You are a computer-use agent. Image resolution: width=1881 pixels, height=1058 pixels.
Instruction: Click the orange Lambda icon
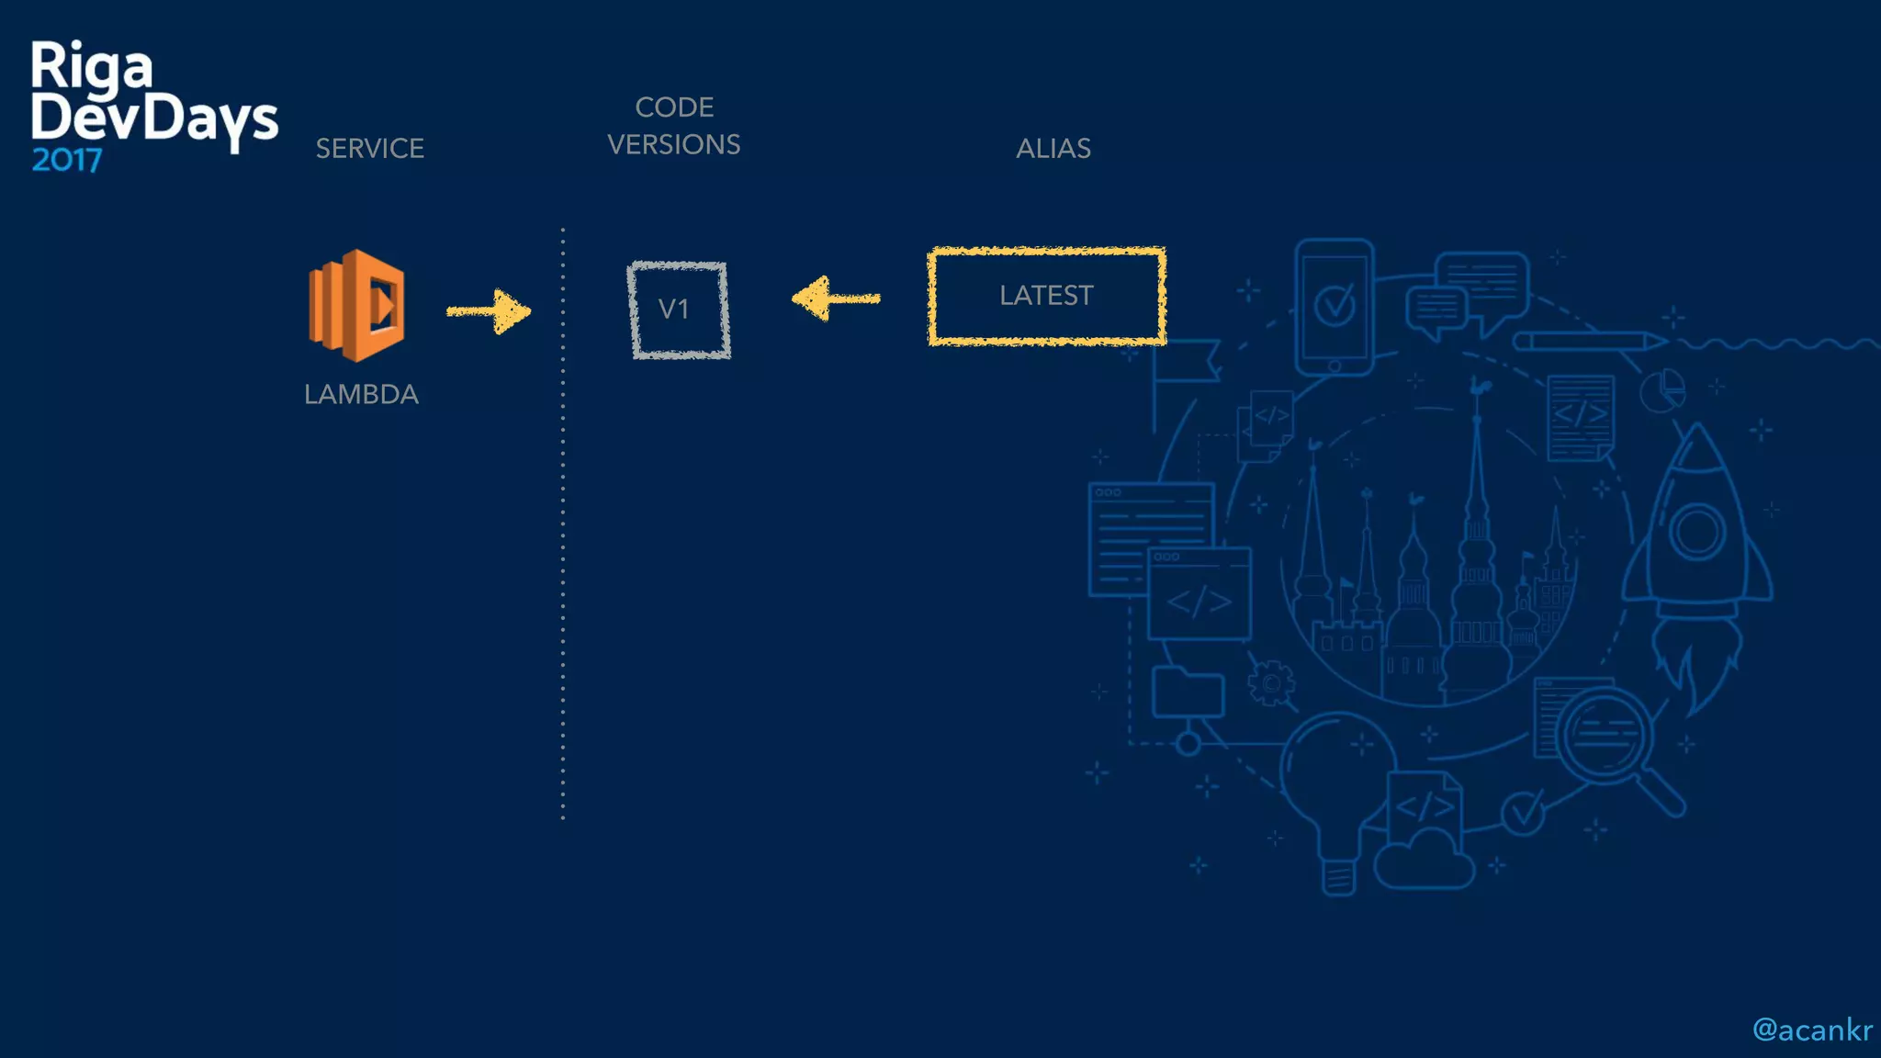[x=356, y=305]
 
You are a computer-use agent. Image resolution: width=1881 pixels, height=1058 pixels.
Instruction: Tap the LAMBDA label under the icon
[x=361, y=395]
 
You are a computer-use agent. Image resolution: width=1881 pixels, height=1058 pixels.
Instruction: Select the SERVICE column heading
[x=369, y=149]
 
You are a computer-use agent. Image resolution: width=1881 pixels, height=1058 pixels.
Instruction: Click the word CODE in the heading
[x=674, y=107]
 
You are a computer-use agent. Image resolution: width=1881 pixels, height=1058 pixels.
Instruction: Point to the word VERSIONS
[x=673, y=145]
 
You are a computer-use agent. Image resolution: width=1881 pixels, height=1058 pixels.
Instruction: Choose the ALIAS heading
[x=1053, y=149]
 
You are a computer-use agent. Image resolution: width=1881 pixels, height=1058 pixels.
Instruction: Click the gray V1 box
[x=679, y=310]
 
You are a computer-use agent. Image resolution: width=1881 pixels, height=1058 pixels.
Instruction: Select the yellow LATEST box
[x=1046, y=296]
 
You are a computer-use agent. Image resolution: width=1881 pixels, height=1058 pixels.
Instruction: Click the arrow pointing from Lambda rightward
[x=489, y=311]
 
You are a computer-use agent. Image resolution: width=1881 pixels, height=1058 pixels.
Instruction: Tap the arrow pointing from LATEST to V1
[x=835, y=298]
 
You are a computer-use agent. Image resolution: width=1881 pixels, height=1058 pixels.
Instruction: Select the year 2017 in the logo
[x=66, y=161]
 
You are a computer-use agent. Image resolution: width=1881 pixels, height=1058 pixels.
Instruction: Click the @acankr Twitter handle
[x=1811, y=1030]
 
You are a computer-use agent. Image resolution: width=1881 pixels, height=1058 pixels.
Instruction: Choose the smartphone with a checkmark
[x=1334, y=306]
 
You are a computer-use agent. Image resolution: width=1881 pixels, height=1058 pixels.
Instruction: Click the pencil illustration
[x=1589, y=342]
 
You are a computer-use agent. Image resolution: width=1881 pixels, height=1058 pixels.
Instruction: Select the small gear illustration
[x=1271, y=683]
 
